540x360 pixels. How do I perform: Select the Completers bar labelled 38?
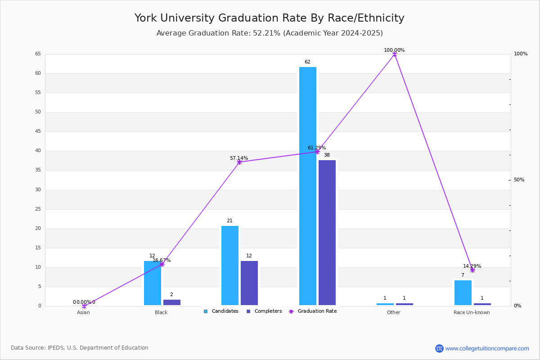coord(327,233)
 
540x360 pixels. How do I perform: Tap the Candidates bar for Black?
coord(153,283)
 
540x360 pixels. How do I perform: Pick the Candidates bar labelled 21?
coord(230,265)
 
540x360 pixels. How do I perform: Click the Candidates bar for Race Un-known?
coord(463,292)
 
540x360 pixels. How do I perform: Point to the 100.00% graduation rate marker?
coord(395,54)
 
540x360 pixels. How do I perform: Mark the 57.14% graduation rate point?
coord(239,162)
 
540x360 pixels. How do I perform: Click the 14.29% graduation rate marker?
coord(472,270)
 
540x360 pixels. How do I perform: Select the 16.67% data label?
coord(162,261)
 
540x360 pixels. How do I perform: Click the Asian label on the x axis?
coord(83,312)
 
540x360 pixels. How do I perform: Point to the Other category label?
coord(393,312)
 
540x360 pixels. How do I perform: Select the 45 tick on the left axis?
coord(38,131)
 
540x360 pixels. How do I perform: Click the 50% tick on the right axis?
coord(519,180)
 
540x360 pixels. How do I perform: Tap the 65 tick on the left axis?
coord(38,54)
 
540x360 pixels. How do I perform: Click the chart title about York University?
coord(269,18)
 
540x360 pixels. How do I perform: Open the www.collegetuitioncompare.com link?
coord(487,348)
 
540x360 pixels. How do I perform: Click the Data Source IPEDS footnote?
coord(80,348)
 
